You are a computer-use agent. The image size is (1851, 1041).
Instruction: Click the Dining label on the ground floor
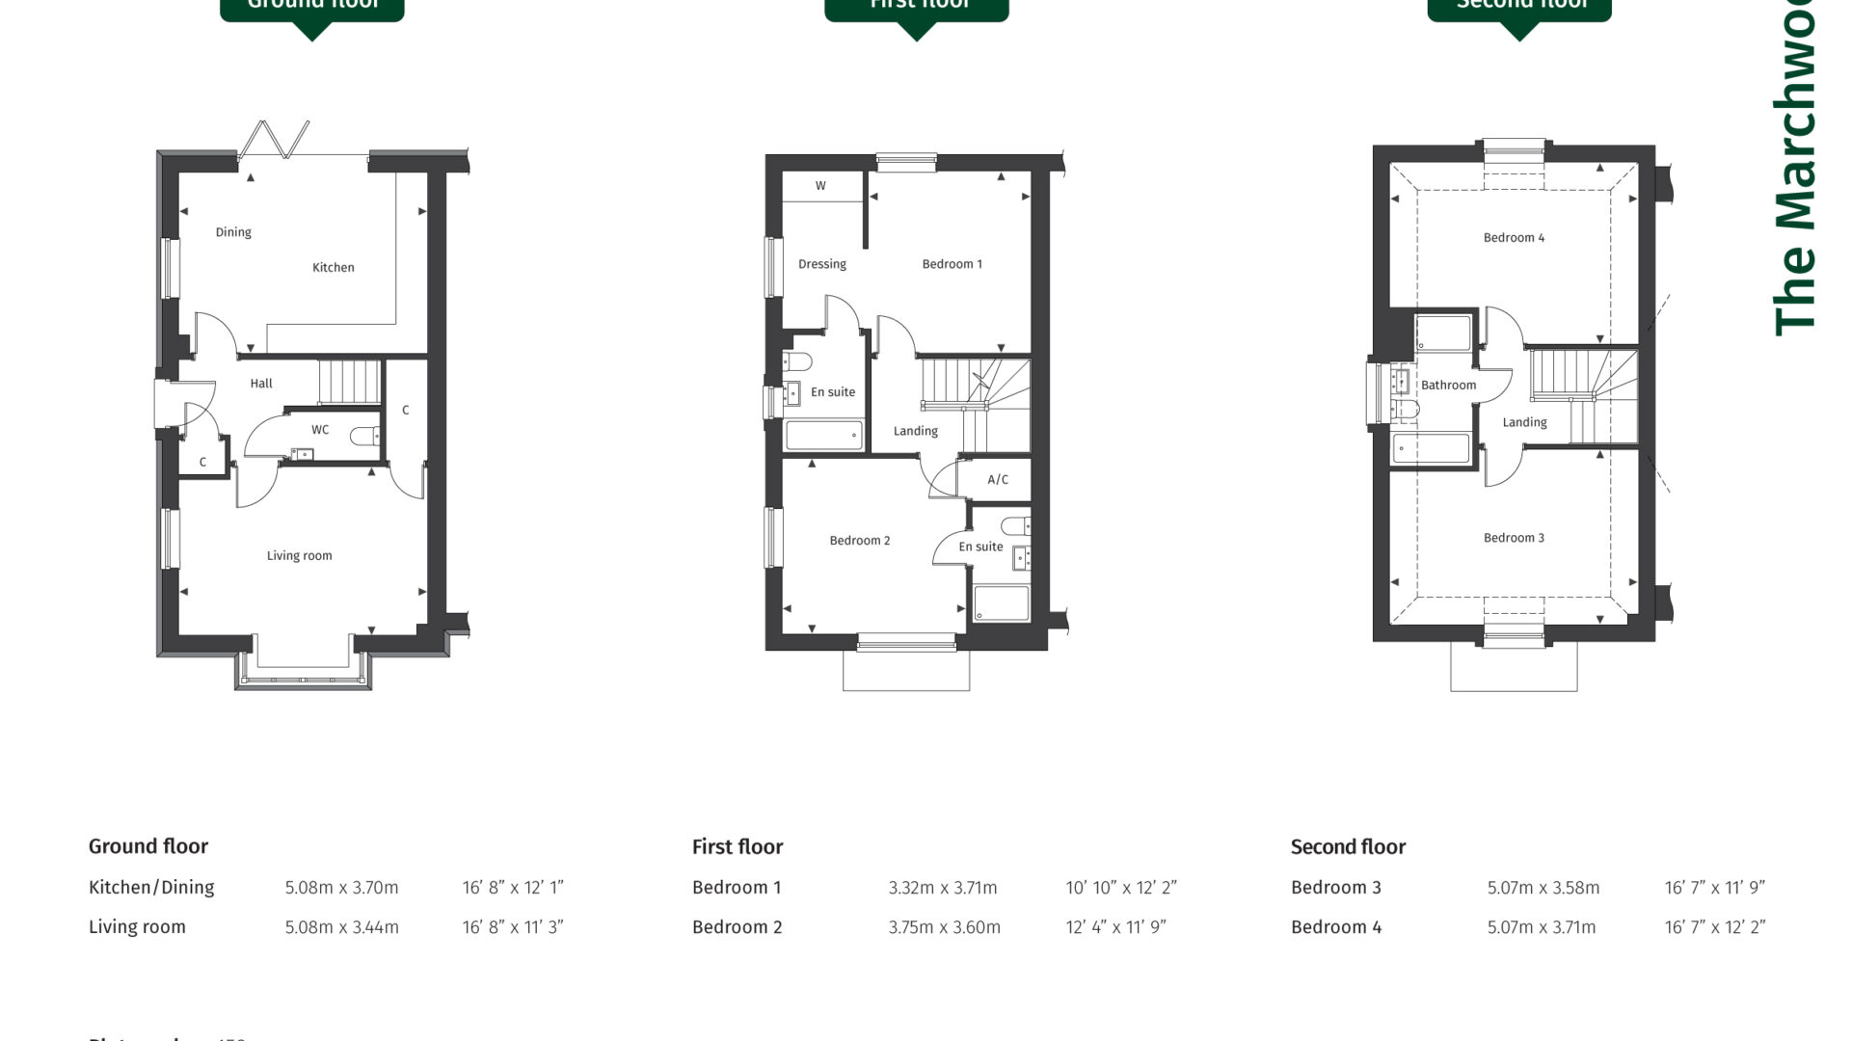point(233,232)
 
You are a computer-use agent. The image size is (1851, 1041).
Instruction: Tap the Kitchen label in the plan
point(333,268)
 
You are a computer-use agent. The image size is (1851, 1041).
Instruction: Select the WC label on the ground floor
point(320,430)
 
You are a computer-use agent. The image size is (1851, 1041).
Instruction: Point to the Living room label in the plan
point(299,556)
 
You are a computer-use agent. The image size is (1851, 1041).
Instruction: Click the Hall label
point(261,384)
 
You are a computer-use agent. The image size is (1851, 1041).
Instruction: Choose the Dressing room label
point(821,264)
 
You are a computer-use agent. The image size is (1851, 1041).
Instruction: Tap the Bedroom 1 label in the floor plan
point(952,264)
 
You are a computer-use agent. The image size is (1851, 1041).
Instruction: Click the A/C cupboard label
point(998,480)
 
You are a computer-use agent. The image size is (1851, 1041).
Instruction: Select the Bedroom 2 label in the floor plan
point(859,541)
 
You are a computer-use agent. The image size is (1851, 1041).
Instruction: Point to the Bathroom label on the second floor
point(1448,386)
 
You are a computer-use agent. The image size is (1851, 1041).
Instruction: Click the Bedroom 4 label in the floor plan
point(1514,238)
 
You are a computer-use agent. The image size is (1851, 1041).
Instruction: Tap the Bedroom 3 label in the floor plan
point(1514,538)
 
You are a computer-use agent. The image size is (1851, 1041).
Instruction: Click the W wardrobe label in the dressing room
point(820,186)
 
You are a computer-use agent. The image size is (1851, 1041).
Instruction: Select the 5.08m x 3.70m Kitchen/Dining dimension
point(341,888)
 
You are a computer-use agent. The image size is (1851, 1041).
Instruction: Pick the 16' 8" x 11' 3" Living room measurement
point(512,927)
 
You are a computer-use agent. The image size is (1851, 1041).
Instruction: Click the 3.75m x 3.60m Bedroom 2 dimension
point(944,927)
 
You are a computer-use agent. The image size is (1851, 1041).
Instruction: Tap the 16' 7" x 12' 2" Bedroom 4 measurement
point(1714,927)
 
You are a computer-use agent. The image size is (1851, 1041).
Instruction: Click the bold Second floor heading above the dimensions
point(1348,847)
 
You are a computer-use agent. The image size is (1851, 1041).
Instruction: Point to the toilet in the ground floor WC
point(364,437)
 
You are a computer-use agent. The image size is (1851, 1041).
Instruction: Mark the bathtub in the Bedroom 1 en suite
point(823,436)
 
